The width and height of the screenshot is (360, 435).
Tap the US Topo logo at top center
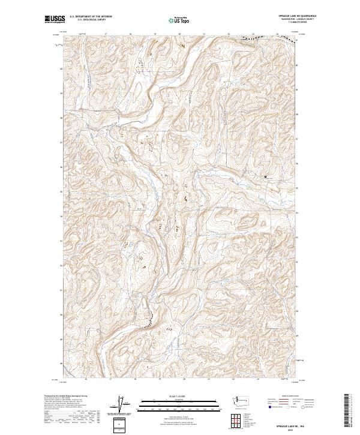tap(180, 19)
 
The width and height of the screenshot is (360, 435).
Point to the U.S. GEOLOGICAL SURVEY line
tap(91, 20)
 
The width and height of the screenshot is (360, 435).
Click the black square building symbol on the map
tap(266, 176)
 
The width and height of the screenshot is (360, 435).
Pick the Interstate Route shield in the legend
tap(268, 407)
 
